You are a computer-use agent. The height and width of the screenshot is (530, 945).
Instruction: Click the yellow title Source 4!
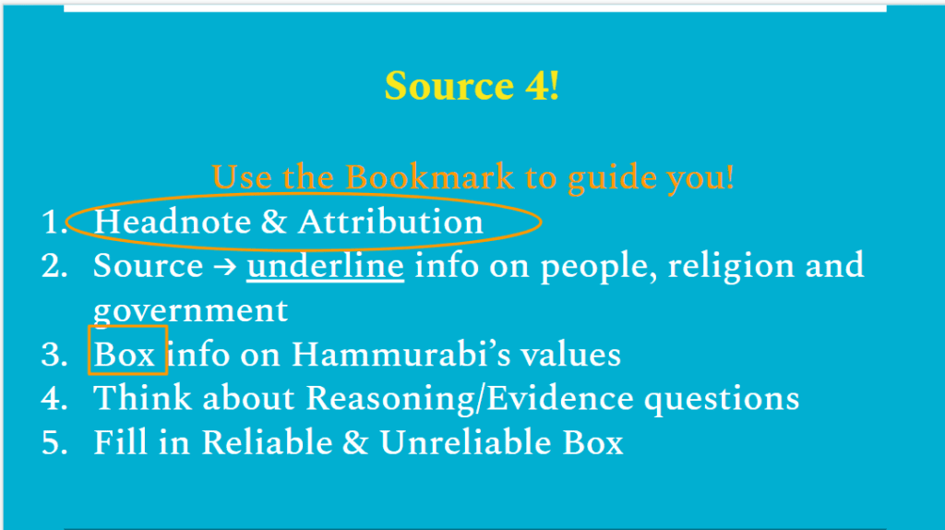tap(472, 86)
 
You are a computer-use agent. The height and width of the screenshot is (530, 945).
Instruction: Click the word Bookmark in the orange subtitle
tap(429, 177)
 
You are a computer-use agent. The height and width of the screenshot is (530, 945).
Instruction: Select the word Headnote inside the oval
tap(172, 222)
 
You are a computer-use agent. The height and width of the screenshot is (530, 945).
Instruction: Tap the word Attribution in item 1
tap(390, 222)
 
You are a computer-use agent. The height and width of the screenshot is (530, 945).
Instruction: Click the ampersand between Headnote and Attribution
tap(274, 222)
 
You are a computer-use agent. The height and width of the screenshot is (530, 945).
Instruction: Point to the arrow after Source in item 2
tap(225, 267)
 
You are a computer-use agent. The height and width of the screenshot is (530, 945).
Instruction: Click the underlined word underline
tap(326, 266)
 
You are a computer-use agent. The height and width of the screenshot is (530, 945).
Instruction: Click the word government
tap(190, 311)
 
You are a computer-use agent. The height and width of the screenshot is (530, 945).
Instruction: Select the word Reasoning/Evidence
tap(470, 399)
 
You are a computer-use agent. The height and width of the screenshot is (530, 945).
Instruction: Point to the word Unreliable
tap(466, 442)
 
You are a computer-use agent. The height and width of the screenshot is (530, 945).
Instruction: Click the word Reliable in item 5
tap(267, 442)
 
